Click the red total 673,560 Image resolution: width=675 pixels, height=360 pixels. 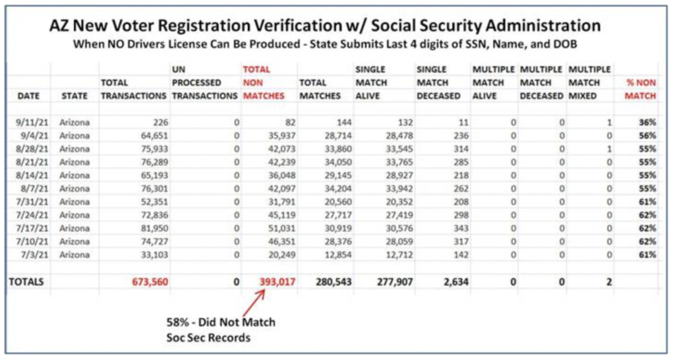150,282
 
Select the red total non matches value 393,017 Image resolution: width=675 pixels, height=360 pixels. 278,282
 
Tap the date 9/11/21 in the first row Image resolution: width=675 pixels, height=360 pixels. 32,122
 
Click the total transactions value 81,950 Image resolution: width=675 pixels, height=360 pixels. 154,228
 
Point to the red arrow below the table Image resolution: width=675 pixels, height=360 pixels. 254,303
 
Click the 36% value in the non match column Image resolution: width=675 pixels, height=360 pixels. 647,122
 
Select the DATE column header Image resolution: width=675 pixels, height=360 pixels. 28,96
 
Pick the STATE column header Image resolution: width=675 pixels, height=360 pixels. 74,96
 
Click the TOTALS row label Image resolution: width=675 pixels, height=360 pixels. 26,282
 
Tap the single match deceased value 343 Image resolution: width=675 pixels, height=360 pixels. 461,228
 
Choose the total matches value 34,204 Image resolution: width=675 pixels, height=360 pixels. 337,189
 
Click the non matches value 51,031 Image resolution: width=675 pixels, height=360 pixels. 281,228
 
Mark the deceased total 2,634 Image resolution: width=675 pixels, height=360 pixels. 456,282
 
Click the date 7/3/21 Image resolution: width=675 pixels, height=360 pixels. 34,255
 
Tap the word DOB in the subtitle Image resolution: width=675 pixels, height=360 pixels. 566,44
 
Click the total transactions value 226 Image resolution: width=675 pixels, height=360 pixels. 161,122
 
